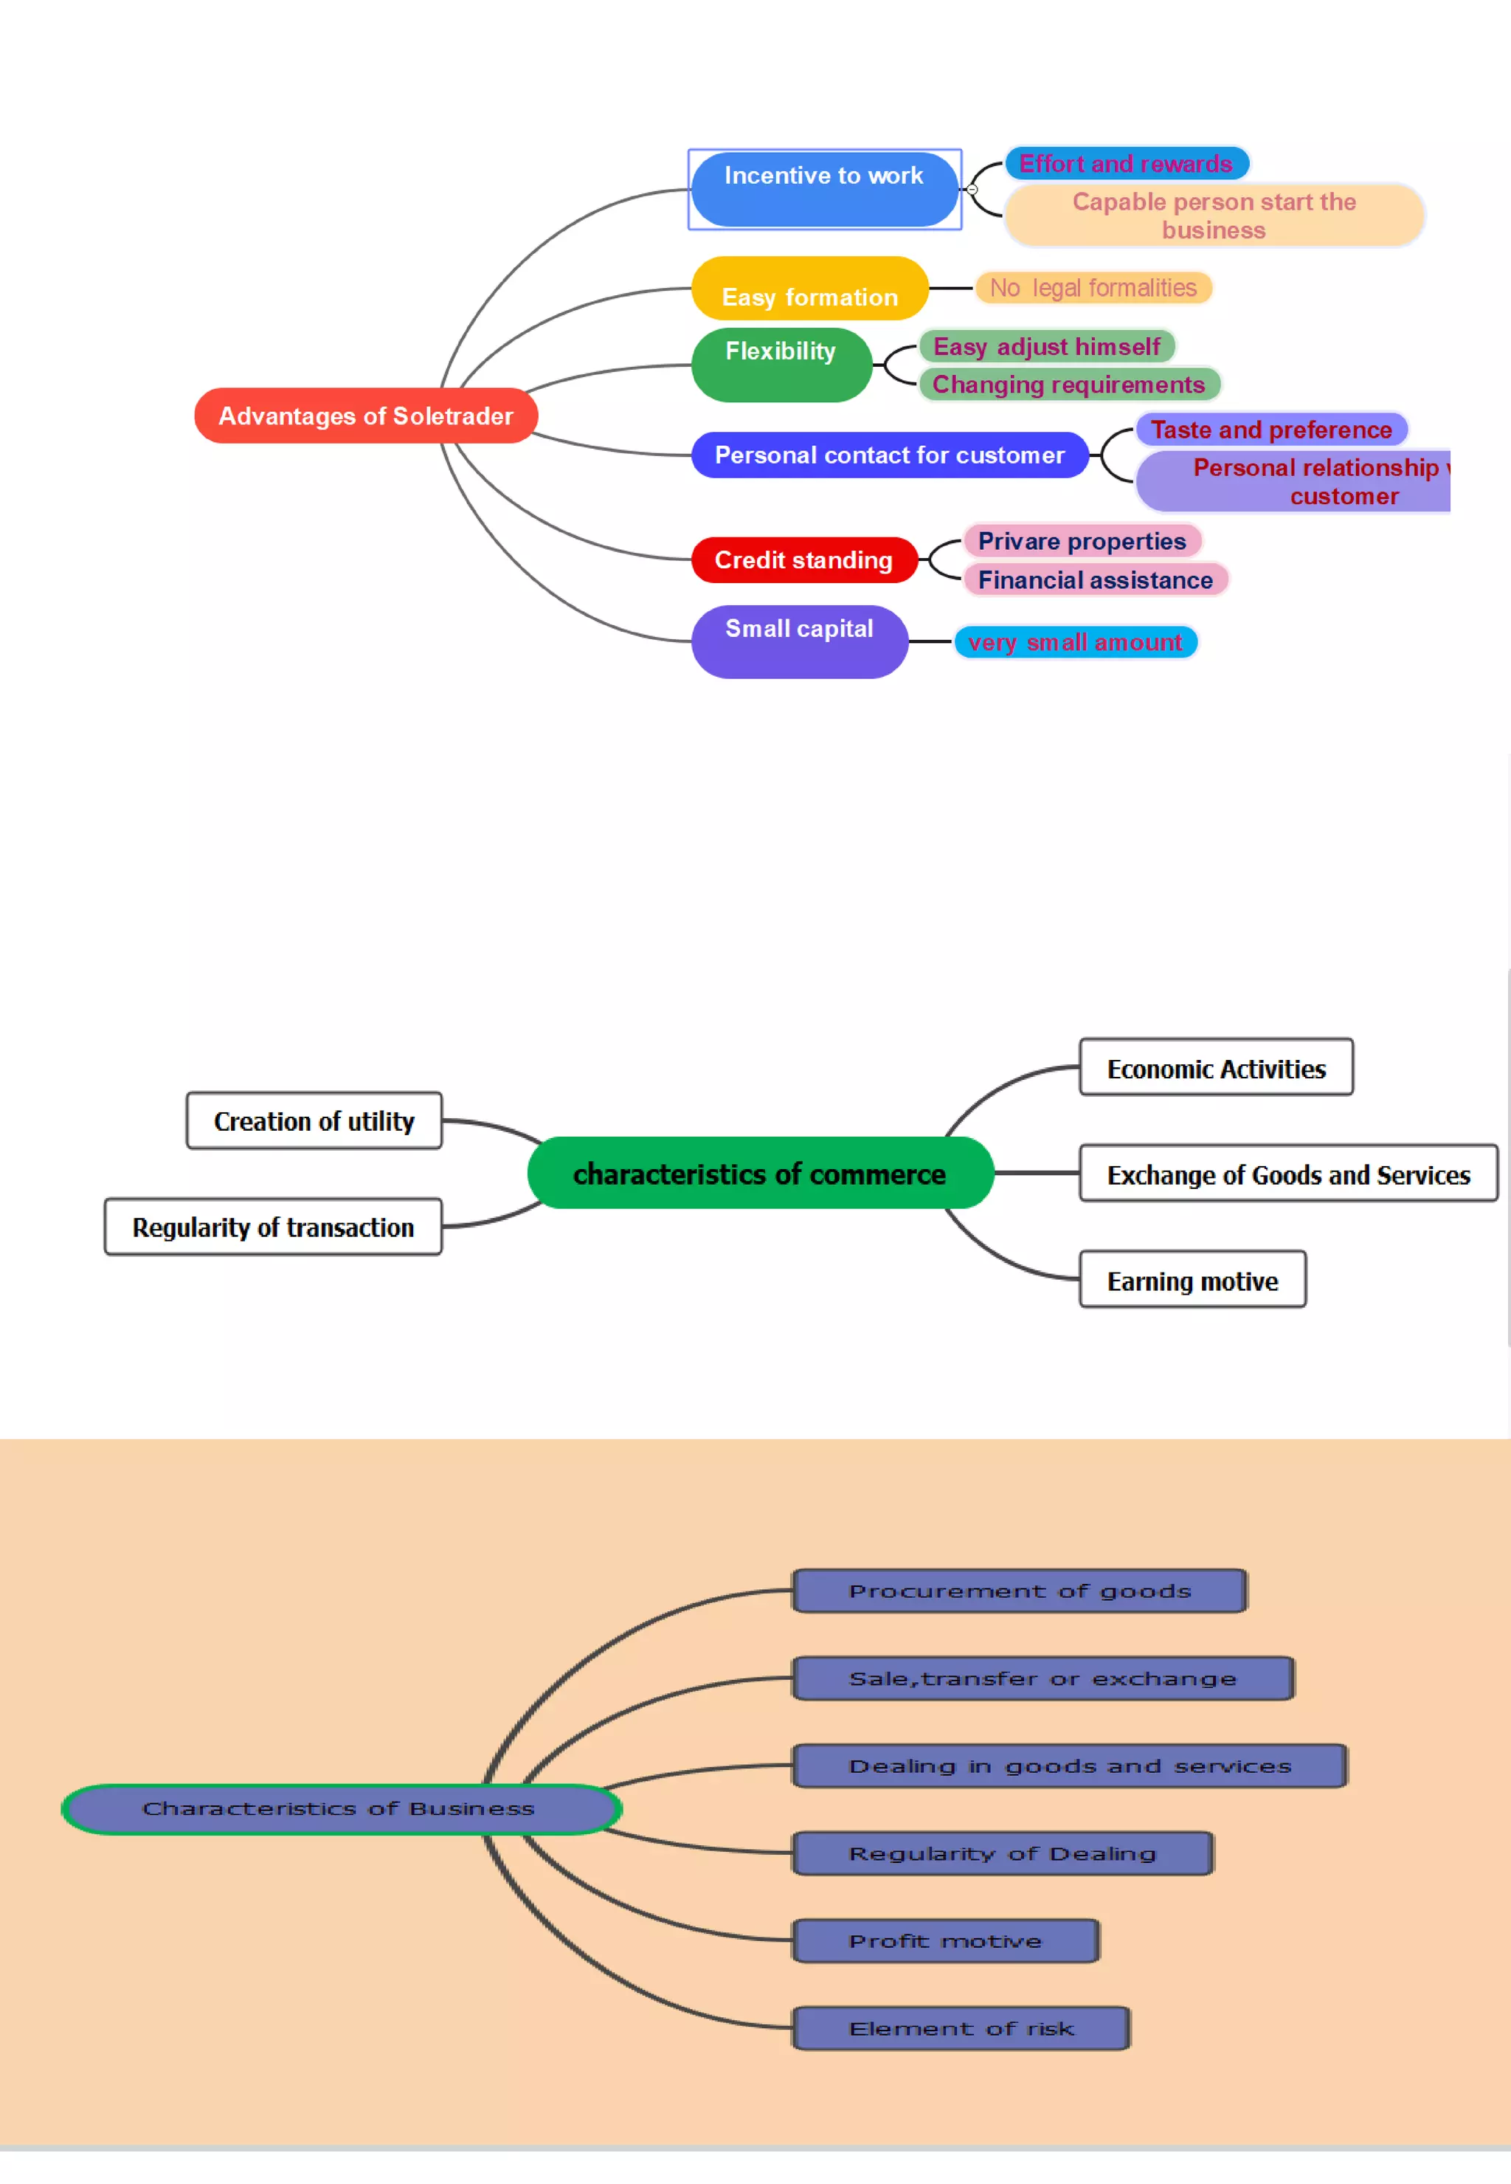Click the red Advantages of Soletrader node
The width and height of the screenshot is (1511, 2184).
click(x=365, y=416)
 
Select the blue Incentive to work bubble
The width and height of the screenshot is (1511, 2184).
click(x=823, y=188)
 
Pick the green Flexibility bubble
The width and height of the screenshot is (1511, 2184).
click(x=781, y=364)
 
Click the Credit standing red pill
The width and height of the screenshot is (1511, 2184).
click(x=803, y=559)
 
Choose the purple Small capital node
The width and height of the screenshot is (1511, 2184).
click(x=799, y=641)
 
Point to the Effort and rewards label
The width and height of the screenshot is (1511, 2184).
click(x=1126, y=164)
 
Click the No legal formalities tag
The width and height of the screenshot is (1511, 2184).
click(x=1093, y=288)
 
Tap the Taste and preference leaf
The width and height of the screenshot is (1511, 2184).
click(x=1270, y=430)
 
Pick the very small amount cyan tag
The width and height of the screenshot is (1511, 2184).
click(x=1074, y=642)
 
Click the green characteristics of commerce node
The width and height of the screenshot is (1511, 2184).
click(x=759, y=1174)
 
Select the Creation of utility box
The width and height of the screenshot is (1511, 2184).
click(x=314, y=1121)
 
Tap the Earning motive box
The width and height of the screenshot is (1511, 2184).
click(x=1192, y=1281)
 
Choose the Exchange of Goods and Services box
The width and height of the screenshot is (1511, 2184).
click(x=1287, y=1174)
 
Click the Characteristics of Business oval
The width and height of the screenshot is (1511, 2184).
click(x=340, y=1809)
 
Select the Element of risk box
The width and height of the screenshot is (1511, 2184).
click(x=960, y=2029)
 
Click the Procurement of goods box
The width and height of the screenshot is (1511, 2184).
click(x=1019, y=1591)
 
